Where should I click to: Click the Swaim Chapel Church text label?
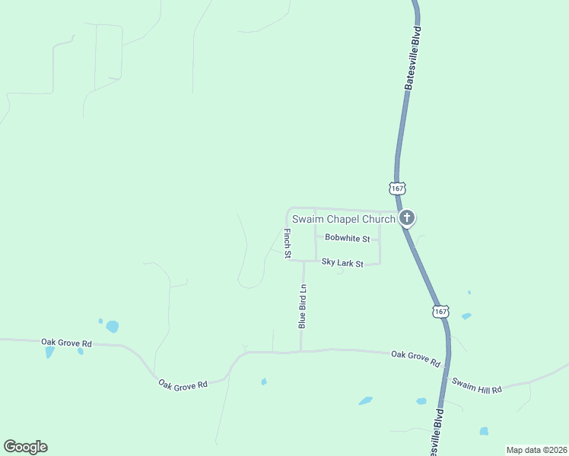pos(344,220)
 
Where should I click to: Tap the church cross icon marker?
pos(407,219)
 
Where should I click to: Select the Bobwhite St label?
pos(347,239)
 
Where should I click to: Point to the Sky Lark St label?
pos(342,263)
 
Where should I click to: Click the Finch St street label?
pos(288,243)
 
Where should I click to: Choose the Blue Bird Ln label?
pos(302,306)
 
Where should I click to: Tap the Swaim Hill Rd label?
pos(477,385)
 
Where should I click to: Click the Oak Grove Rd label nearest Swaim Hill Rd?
pos(415,359)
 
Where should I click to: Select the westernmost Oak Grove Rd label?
pos(66,344)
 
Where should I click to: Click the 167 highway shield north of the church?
pos(397,188)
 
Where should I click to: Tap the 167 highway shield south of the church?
pos(440,312)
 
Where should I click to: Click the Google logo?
pos(25,447)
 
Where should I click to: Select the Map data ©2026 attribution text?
pos(536,450)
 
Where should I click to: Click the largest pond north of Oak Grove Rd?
pos(112,327)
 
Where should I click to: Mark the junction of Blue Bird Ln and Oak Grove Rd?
pos(301,351)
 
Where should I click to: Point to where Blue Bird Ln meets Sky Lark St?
pos(304,261)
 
